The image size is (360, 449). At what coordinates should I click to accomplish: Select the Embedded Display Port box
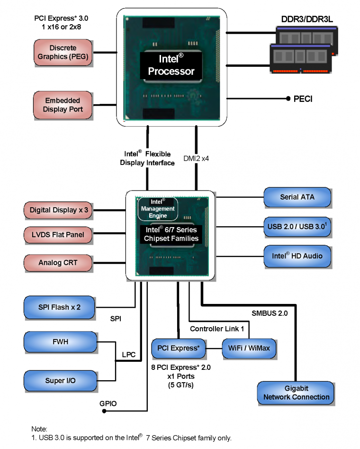(x=63, y=105)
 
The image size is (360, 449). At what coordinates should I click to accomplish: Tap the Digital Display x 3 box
(x=59, y=210)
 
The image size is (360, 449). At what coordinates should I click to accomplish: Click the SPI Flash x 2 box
(x=59, y=307)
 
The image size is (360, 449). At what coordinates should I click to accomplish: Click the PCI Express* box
(x=178, y=348)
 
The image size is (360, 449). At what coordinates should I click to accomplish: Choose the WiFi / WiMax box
(x=249, y=348)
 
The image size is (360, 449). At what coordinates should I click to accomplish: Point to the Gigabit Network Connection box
(x=297, y=393)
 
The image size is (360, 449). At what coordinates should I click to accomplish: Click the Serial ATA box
(x=297, y=197)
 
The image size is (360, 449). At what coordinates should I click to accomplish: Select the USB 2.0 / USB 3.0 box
(x=297, y=226)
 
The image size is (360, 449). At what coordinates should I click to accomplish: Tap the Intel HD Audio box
(x=297, y=256)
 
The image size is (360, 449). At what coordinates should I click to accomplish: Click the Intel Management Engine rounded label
(x=157, y=209)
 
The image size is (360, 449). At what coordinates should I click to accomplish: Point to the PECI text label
(x=303, y=99)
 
